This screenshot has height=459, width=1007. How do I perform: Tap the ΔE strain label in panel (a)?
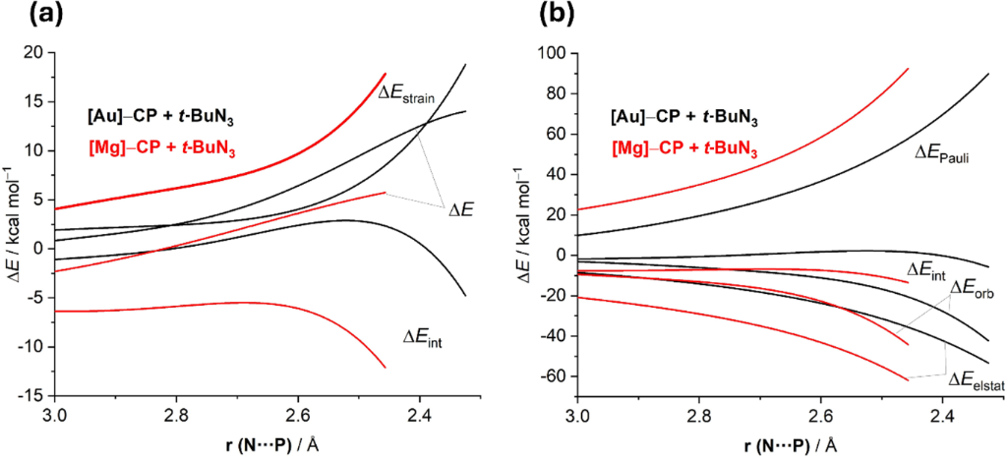coord(414,93)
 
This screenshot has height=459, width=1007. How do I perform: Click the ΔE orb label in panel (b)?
coord(976,289)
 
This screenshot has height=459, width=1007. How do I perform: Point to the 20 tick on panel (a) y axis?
coord(35,53)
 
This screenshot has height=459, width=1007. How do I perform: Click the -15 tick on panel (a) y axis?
coord(32,395)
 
